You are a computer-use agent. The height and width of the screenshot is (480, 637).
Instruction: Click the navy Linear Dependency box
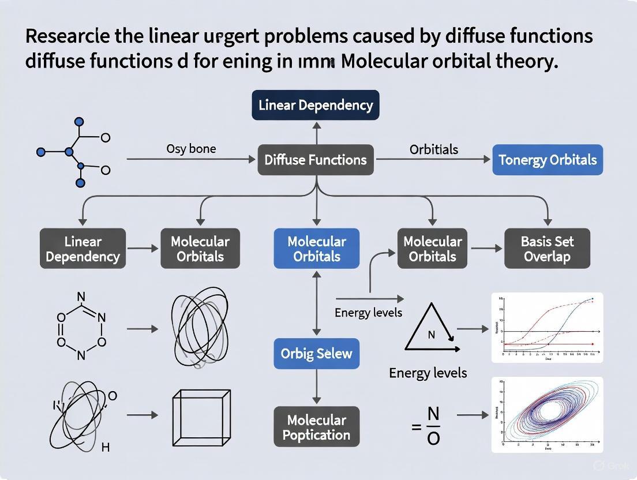click(315, 105)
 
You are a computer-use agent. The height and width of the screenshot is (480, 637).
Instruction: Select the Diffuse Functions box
click(315, 160)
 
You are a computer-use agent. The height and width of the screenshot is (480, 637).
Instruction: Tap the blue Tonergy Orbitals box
click(547, 160)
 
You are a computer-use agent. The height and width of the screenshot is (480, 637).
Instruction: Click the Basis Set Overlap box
click(547, 249)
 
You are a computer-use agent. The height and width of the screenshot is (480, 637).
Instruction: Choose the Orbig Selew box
click(316, 353)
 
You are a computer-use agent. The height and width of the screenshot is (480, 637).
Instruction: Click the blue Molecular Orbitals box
click(316, 249)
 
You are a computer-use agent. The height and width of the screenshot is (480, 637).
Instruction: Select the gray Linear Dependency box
click(83, 249)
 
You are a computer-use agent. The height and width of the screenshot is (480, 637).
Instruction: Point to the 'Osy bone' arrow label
click(191, 148)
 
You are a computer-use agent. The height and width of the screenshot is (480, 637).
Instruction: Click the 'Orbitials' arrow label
click(434, 149)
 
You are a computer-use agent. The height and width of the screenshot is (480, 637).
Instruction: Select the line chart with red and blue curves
click(546, 327)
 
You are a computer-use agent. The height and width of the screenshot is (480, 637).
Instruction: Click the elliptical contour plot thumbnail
click(546, 414)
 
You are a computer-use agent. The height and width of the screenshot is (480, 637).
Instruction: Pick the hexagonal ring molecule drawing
click(81, 327)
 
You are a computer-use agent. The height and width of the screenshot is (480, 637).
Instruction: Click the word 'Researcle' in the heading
click(69, 36)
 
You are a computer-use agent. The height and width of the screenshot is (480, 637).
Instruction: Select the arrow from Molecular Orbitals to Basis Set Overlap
click(486, 249)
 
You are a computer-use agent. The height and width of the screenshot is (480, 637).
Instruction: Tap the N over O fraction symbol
click(433, 426)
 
